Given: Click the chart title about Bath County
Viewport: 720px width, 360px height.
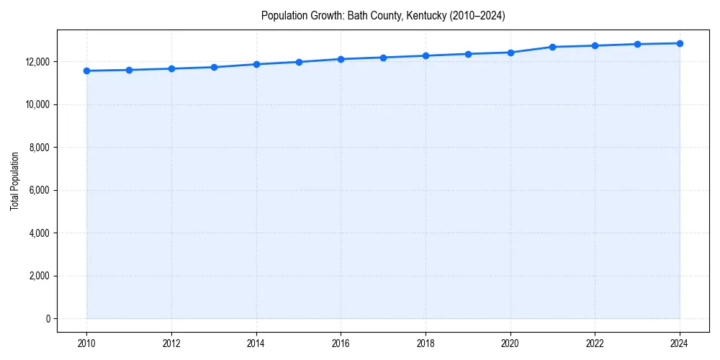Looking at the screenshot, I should click(383, 15).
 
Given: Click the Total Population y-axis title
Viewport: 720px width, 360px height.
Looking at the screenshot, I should click(14, 181).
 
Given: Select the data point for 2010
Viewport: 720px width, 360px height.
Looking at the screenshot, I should click(86, 71).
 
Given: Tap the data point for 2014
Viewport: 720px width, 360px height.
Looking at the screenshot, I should click(256, 64).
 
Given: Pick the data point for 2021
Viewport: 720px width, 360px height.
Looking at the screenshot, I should click(552, 47).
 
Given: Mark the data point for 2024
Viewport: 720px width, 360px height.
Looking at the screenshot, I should click(680, 43).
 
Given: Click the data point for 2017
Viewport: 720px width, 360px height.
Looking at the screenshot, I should click(383, 58).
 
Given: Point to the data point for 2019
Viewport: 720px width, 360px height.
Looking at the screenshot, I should click(468, 54).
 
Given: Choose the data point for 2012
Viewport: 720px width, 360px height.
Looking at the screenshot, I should click(171, 68).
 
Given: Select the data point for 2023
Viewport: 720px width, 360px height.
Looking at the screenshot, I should click(637, 44).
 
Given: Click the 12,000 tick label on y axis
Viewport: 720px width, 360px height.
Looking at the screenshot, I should click(36, 62).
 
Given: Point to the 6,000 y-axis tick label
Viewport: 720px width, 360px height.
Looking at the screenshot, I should click(38, 190).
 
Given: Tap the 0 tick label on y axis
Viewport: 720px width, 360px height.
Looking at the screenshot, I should click(47, 319).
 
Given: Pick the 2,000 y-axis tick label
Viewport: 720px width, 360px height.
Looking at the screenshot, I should click(38, 276).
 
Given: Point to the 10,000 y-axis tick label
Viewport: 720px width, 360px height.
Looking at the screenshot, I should click(36, 104).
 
